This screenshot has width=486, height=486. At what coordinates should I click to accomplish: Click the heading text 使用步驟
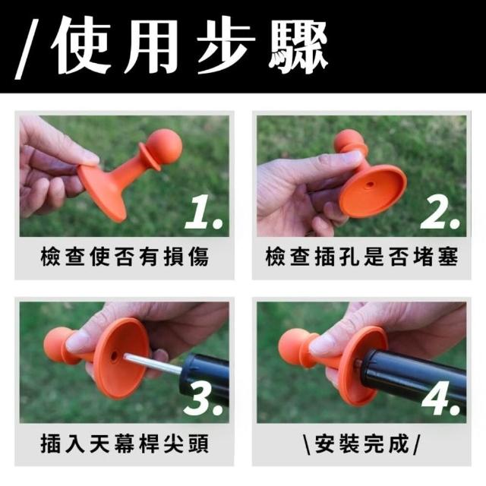(x=189, y=46)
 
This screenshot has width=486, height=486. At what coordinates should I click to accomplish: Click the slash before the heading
(x=27, y=49)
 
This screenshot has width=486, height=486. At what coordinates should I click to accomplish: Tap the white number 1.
(x=203, y=213)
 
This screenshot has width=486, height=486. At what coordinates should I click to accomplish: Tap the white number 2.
(x=440, y=213)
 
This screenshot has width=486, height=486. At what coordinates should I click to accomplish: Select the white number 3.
(x=203, y=397)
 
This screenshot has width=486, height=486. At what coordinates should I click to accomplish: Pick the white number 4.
(x=440, y=397)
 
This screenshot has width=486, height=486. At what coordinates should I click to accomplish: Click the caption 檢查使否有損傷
(x=125, y=257)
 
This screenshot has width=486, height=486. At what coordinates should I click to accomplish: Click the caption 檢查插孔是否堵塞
(x=361, y=257)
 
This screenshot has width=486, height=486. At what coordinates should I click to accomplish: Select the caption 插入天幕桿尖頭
(x=125, y=443)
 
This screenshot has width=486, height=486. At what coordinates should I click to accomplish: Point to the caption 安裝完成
(x=361, y=444)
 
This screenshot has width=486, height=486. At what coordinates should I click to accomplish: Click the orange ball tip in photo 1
(x=164, y=147)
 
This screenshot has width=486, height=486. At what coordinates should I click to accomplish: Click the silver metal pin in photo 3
(x=153, y=364)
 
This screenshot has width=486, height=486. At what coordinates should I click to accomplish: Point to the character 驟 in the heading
(x=298, y=46)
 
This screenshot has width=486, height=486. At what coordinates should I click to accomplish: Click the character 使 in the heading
(x=81, y=46)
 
